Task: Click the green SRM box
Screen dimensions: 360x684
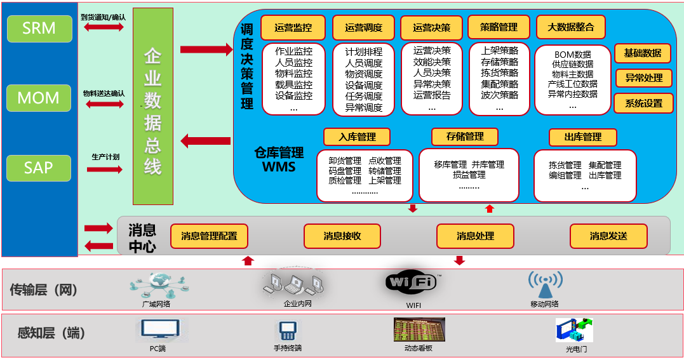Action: (x=39, y=29)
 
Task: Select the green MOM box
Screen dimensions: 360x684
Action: (x=39, y=98)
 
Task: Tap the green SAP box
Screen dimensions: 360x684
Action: (x=39, y=168)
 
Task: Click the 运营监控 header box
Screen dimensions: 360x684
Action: (x=293, y=28)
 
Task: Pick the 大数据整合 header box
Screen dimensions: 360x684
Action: (x=570, y=27)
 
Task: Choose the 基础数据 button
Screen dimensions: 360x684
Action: (x=643, y=53)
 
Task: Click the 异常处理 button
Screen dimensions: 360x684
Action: (x=643, y=78)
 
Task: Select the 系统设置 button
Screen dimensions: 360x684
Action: (x=643, y=103)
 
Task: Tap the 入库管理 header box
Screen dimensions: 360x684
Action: (x=357, y=137)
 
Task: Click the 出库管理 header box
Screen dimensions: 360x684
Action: (x=582, y=137)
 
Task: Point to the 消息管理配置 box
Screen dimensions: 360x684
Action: (x=209, y=236)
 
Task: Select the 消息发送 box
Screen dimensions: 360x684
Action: (x=608, y=236)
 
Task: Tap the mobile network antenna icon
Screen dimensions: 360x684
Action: (x=545, y=284)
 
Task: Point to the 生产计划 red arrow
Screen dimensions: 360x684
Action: (x=104, y=170)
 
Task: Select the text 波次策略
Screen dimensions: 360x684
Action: (x=499, y=95)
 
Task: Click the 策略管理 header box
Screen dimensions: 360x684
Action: (x=499, y=27)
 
